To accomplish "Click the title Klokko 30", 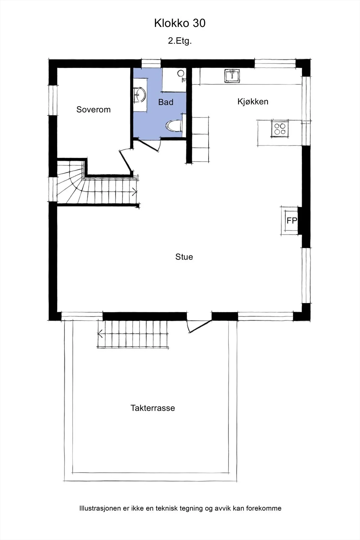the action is click(x=180, y=23).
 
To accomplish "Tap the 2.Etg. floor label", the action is click(x=180, y=41).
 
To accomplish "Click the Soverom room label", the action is click(x=93, y=109).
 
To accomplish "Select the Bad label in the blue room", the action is click(x=166, y=102).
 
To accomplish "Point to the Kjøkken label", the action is click(x=253, y=102).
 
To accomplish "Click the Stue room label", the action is click(x=184, y=257).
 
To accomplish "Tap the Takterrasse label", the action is click(x=153, y=408).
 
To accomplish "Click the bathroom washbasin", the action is click(x=140, y=95).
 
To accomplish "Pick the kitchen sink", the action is click(x=232, y=76).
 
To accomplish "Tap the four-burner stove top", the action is click(x=280, y=129).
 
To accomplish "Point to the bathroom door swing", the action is click(x=147, y=145).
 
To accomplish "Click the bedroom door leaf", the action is click(x=126, y=161).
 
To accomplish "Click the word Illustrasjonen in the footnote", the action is click(x=100, y=508).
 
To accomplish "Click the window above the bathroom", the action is click(x=151, y=63).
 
